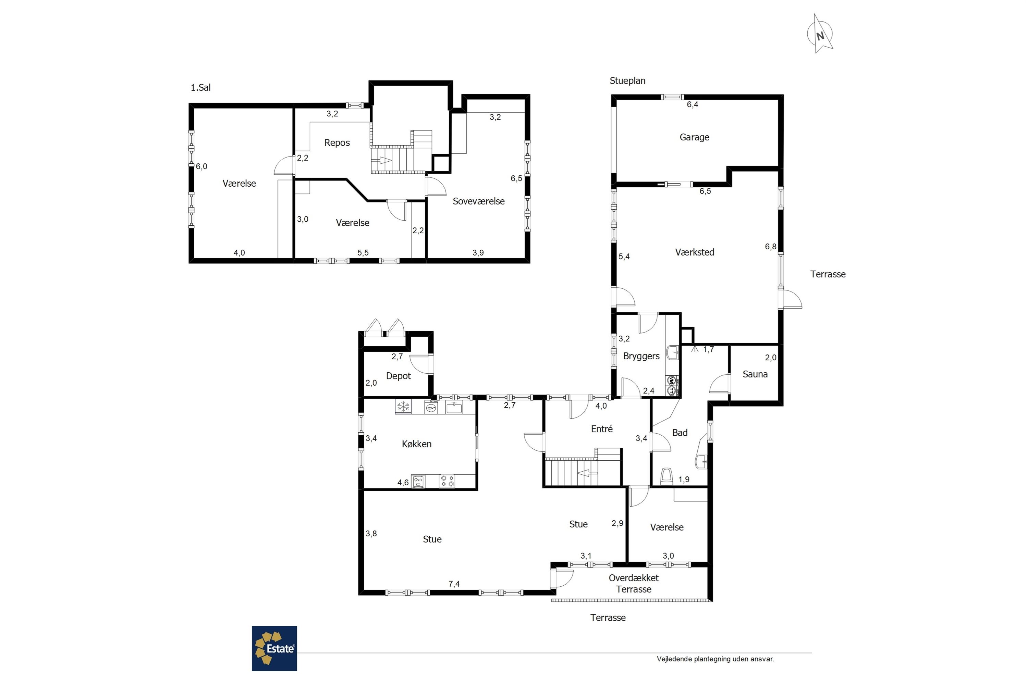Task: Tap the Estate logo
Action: pyautogui.click(x=274, y=648)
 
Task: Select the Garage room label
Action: pyautogui.click(x=694, y=137)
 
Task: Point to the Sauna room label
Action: pyautogui.click(x=755, y=374)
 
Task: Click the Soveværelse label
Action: pyautogui.click(x=479, y=201)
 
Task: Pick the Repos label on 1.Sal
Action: pyautogui.click(x=337, y=143)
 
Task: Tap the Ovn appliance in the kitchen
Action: pyautogui.click(x=418, y=481)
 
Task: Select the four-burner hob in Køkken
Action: pyautogui.click(x=447, y=481)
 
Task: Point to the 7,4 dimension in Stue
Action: pyautogui.click(x=454, y=584)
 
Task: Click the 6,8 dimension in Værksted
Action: pyautogui.click(x=771, y=247)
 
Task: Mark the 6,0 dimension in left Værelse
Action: pyautogui.click(x=201, y=166)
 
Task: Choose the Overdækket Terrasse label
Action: pyautogui.click(x=633, y=583)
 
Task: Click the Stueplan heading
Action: pyautogui.click(x=627, y=81)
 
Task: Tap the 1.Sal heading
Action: pyautogui.click(x=200, y=88)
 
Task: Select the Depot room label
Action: pyautogui.click(x=398, y=376)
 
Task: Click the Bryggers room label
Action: pyautogui.click(x=641, y=356)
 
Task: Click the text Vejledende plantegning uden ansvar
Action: pyautogui.click(x=715, y=659)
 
